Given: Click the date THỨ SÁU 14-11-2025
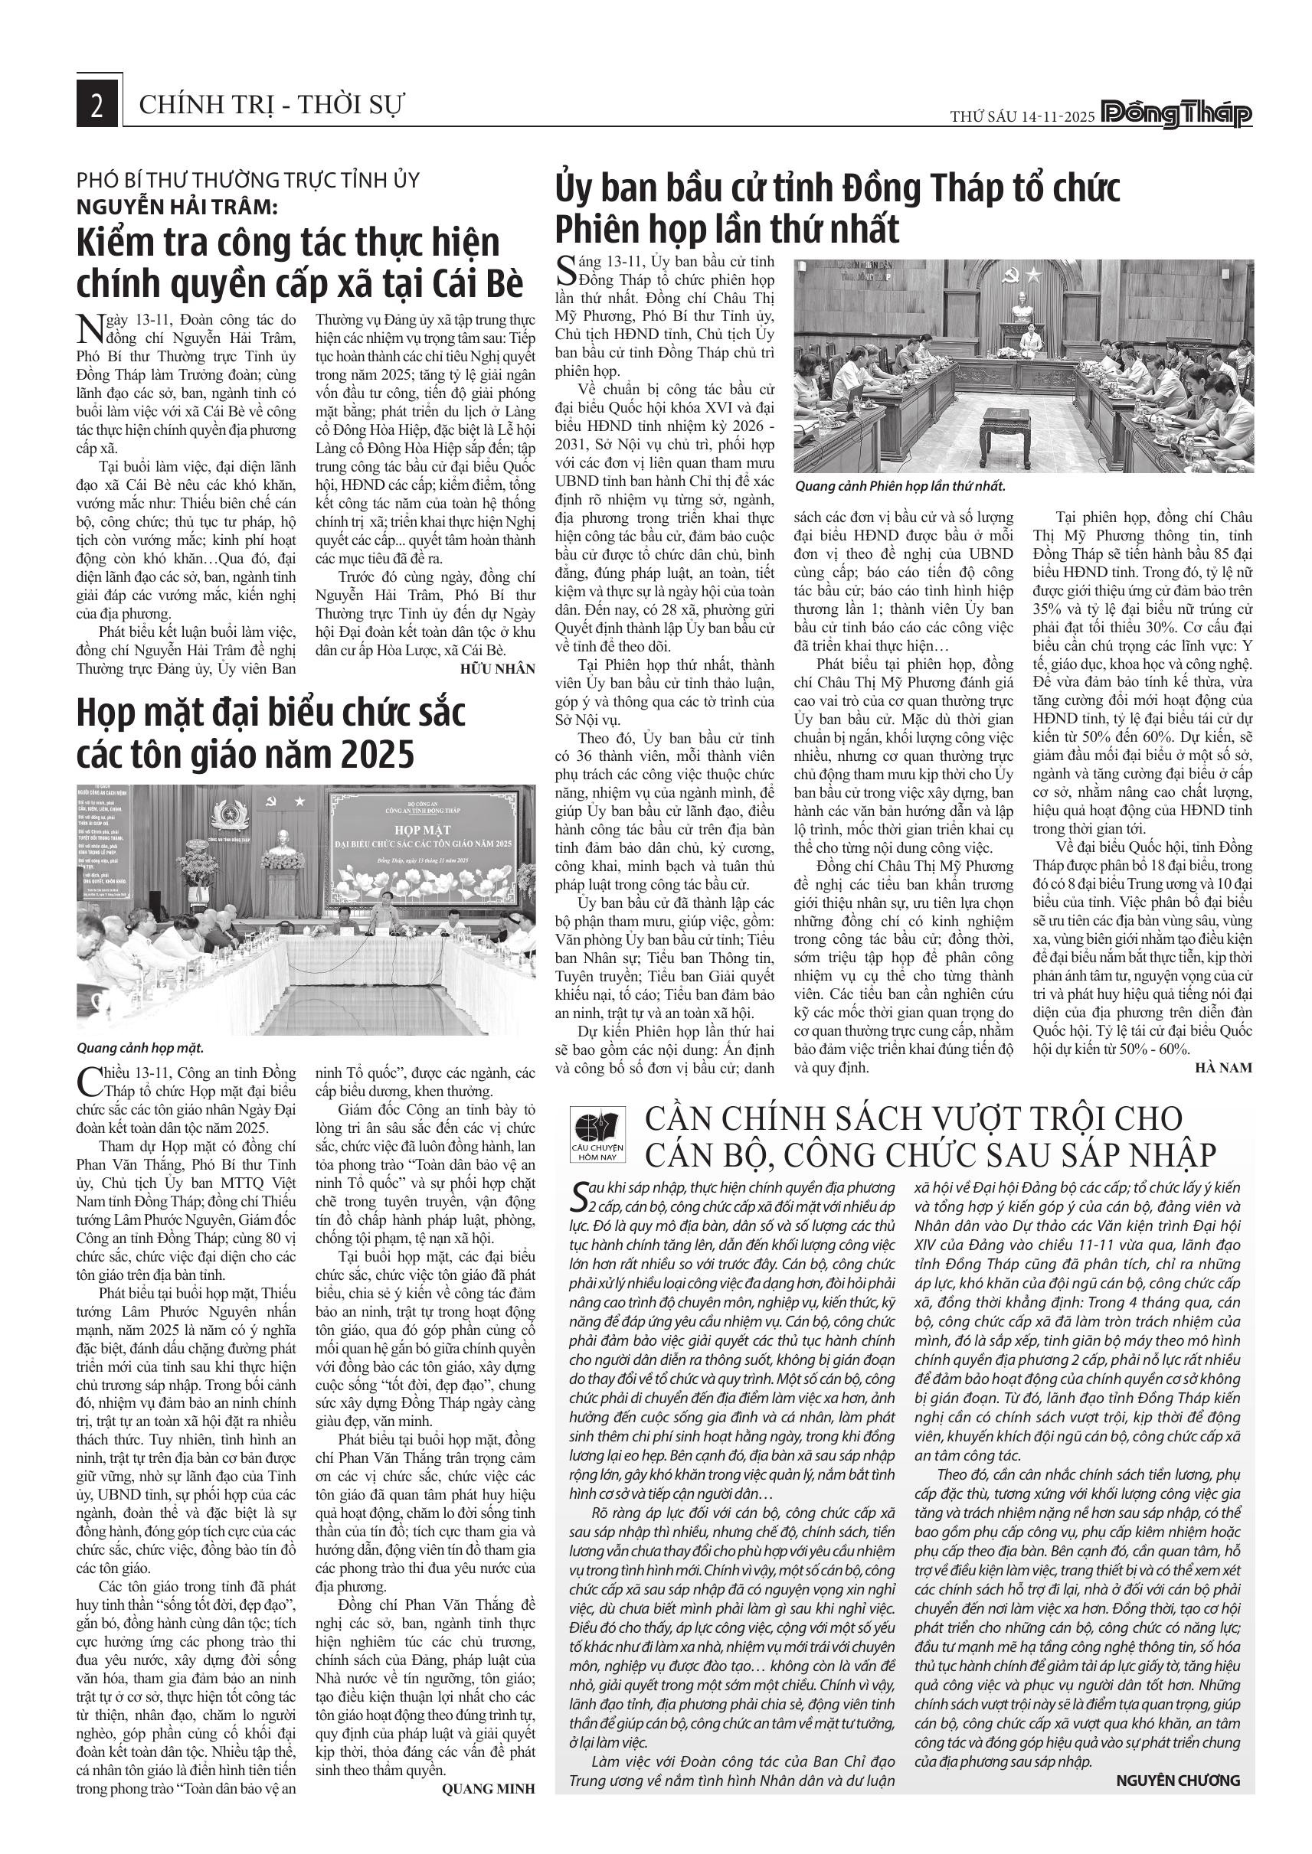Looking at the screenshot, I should coord(1022,116).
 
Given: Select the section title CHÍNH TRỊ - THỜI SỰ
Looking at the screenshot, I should coord(271,105).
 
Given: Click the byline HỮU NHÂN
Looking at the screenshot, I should coord(498,668).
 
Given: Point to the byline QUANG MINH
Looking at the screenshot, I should coord(488,1789).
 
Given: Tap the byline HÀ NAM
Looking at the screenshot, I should coord(1224,1068).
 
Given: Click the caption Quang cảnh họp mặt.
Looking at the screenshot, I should coord(139,1048).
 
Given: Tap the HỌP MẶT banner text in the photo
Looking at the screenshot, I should coord(424,829).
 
